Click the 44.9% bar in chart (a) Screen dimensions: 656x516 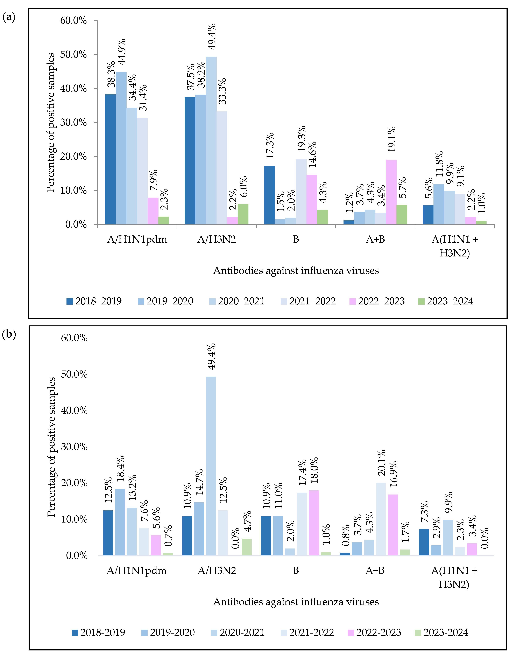coord(121,148)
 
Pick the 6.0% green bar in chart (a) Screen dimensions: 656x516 coord(243,214)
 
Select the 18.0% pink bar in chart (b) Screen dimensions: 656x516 coord(314,523)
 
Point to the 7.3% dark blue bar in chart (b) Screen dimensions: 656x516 coord(424,542)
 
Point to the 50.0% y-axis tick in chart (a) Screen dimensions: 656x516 coord(73,55)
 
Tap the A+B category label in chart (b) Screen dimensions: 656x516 coord(375,571)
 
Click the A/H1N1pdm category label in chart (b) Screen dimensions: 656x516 coord(137,571)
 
